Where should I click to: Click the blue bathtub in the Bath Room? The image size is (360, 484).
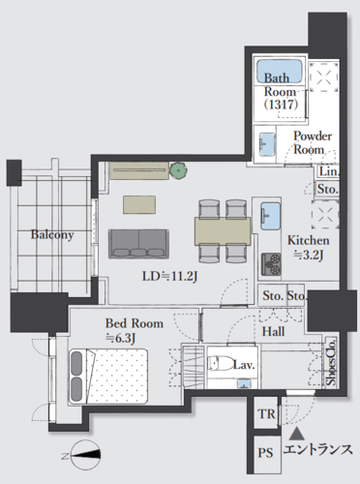coord(280,71)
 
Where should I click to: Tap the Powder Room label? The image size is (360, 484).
coord(313,142)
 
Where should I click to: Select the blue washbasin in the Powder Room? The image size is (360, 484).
coord(267,144)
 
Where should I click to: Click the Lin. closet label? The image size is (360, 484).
coord(329,171)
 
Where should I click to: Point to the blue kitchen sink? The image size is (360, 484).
coord(270,216)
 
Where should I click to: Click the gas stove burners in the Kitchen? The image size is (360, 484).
coord(271,264)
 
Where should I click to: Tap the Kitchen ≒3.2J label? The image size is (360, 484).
coord(309,248)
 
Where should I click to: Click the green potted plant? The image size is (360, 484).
coord(178,170)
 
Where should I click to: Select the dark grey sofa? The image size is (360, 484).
coord(138,244)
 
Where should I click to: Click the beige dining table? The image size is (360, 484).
coord(223,231)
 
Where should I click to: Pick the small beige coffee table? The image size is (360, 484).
coord(139,204)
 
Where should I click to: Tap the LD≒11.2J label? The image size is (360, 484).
coord(169,277)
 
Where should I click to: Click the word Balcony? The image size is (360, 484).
coord(52,234)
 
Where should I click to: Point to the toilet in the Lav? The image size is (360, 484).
coord(221,363)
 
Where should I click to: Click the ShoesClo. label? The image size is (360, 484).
coord(331,362)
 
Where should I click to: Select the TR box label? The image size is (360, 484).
coord(266,413)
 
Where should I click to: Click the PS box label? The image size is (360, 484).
coord(265,453)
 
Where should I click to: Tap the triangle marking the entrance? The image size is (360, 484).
coord(297,434)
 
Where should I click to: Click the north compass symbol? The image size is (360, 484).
coord(85,455)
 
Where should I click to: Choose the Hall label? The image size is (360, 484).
coord(273,331)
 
